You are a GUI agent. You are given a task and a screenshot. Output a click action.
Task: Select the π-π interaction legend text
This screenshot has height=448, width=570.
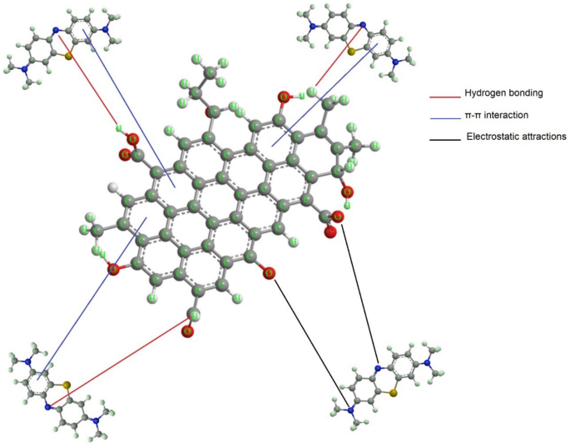tap(490, 113)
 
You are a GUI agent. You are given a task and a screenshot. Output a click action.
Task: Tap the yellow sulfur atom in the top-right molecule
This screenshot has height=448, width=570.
tap(353, 52)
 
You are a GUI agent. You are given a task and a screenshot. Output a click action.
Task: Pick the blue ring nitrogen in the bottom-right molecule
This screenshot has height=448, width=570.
tap(378, 367)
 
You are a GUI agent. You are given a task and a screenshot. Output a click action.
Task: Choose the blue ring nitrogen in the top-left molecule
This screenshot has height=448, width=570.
tap(55, 30)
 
